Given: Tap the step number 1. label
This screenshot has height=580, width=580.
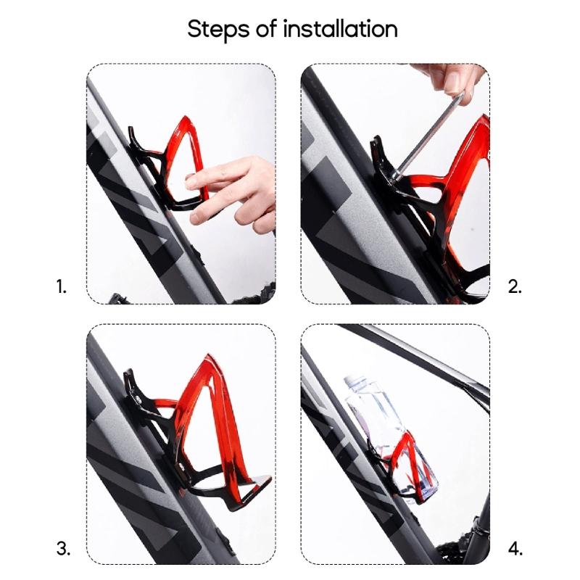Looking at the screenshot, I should point(62,286).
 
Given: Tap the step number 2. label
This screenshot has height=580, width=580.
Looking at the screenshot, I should point(515,286).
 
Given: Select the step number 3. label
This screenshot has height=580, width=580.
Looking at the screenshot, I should point(63,549).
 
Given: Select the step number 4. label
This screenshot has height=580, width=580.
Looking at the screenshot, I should point(515,549).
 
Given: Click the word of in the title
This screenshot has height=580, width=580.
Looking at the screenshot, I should point(265,30).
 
